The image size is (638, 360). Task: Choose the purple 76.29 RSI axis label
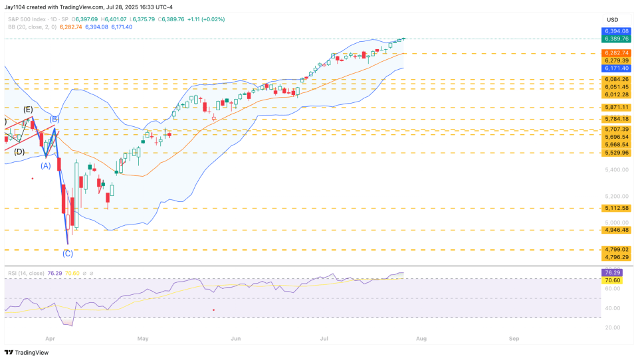coord(612,272)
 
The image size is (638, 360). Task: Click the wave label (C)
coord(68,253)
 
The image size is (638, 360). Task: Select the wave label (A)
coord(45,165)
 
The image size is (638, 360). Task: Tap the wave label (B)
coord(55,120)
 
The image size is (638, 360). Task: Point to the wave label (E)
coord(28,109)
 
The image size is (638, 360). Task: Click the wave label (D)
coord(19,152)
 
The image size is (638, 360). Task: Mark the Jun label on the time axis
coord(236,337)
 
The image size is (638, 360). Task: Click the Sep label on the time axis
coord(514,337)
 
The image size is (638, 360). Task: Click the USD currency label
coord(612,19)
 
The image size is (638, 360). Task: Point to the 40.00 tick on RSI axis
coord(612,308)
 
